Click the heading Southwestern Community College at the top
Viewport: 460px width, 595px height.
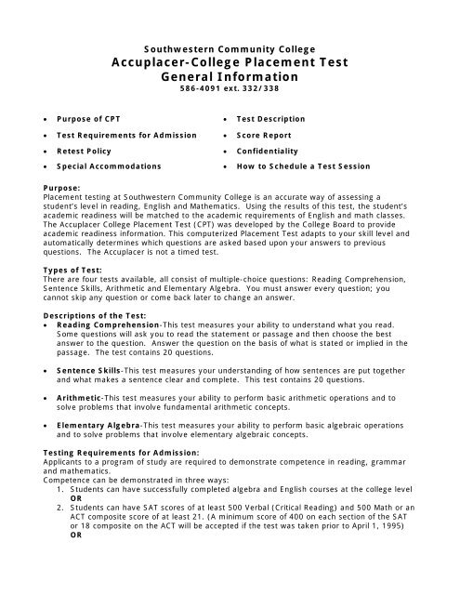tap(230, 47)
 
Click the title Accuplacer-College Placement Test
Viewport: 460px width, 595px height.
tap(230, 62)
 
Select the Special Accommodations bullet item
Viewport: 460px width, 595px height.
tap(109, 166)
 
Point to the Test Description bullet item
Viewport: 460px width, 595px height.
tap(270, 119)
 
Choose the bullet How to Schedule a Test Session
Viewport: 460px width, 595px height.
tap(303, 166)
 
